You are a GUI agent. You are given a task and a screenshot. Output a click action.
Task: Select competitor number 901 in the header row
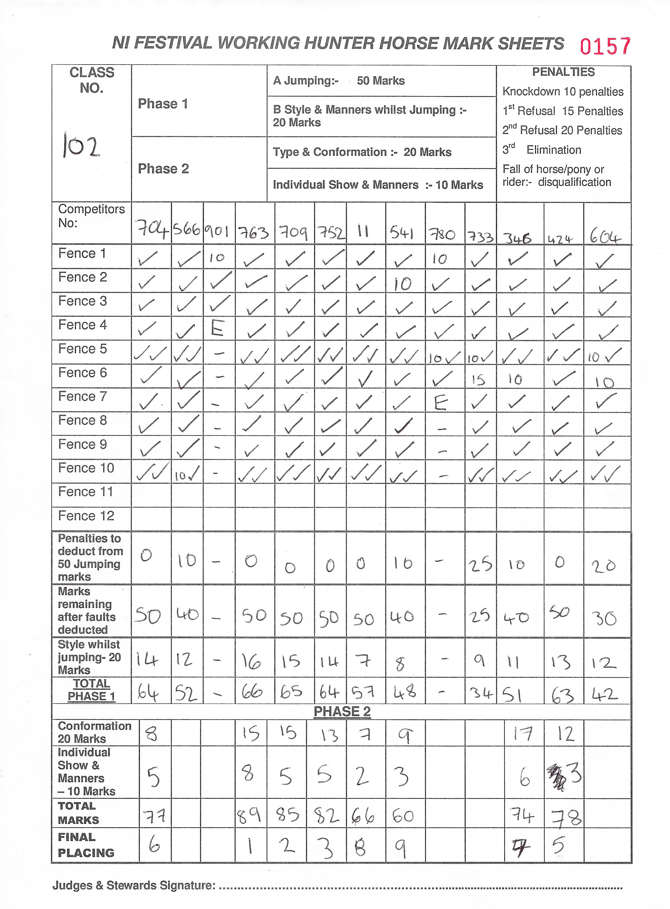217,232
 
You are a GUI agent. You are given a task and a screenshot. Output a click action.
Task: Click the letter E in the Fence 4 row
217,329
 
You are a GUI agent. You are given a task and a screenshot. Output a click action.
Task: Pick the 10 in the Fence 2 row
403,284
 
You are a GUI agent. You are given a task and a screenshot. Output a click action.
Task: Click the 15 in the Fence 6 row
479,380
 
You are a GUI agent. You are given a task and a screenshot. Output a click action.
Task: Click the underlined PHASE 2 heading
342,712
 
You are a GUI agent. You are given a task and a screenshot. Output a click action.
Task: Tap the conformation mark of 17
522,733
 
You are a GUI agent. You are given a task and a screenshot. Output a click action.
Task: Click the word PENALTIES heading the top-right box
563,72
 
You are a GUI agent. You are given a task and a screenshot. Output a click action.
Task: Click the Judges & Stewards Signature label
134,885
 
